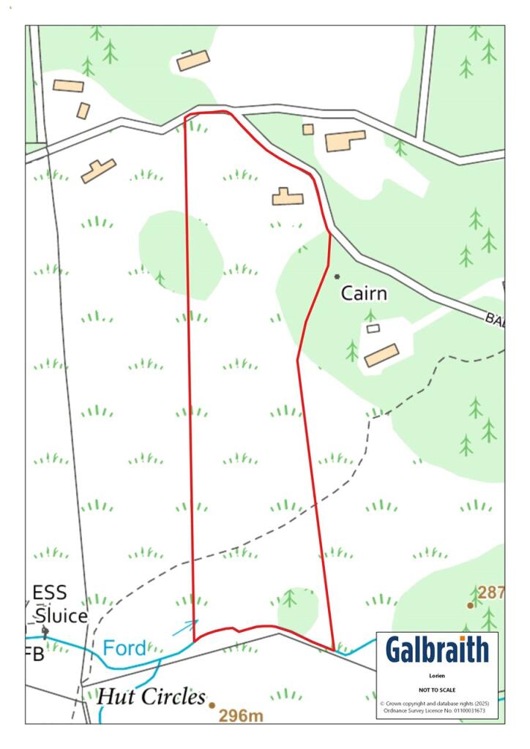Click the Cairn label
click(364, 294)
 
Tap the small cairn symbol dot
click(337, 276)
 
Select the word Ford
click(124, 647)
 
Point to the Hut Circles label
click(151, 696)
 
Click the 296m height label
click(241, 715)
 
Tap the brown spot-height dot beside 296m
click(212, 705)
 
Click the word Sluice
click(60, 616)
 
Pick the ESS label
click(49, 593)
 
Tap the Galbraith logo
click(436, 650)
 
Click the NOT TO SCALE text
click(437, 690)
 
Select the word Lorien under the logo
click(437, 677)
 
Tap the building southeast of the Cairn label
click(381, 355)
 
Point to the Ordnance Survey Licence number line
click(437, 710)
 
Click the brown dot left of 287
click(470, 606)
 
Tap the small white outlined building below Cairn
click(373, 329)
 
